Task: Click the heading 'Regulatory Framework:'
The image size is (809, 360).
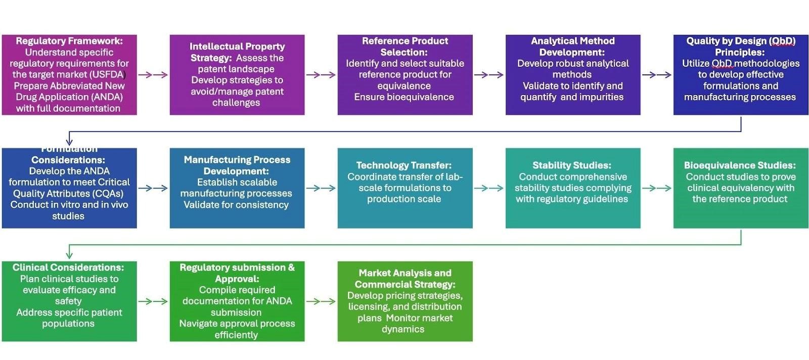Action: pos(69,41)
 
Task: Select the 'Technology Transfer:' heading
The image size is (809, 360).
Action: pos(404,165)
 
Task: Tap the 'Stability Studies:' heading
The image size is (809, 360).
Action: pos(572,165)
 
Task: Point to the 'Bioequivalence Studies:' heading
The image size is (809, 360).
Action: pos(740,165)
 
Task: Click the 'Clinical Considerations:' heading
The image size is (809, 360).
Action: pos(68,267)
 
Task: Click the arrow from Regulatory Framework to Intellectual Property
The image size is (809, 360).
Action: pos(153,75)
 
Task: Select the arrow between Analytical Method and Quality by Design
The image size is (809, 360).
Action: pos(656,75)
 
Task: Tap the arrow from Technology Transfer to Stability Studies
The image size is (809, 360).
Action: pos(488,188)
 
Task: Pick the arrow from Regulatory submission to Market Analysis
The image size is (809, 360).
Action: pos(321,301)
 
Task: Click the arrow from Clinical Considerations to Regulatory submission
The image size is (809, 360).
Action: pos(153,301)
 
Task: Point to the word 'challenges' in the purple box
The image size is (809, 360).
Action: pos(236,103)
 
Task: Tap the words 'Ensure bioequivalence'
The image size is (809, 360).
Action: pos(404,97)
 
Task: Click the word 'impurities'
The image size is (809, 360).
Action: pos(601,97)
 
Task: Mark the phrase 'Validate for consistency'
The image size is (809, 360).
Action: pos(236,205)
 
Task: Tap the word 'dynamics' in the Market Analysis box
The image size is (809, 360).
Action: pos(403,329)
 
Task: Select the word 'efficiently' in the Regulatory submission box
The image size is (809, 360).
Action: pos(236,335)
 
